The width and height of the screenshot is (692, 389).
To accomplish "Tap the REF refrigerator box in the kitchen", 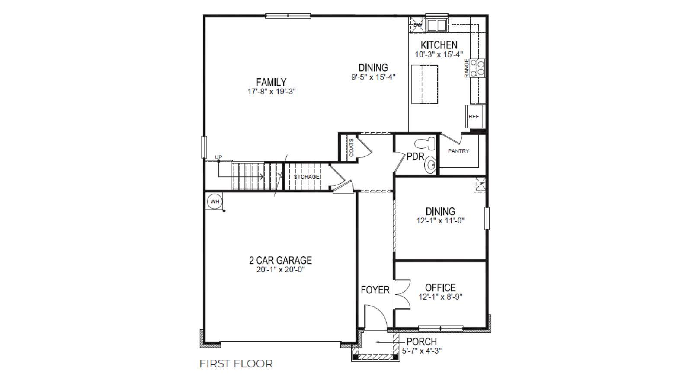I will click(474, 116).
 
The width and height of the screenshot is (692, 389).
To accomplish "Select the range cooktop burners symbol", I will click(477, 68).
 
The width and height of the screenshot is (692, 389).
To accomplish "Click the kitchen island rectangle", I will click(424, 84).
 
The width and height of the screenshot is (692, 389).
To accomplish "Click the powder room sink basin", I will click(430, 165).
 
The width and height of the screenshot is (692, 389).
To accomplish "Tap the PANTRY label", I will click(458, 151).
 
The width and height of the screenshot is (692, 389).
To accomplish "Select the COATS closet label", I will click(351, 148).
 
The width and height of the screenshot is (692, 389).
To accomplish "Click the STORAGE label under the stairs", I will click(307, 177).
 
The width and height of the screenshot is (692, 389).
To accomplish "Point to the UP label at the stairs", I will click(218, 157).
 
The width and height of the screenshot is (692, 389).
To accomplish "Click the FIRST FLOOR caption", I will click(236, 364).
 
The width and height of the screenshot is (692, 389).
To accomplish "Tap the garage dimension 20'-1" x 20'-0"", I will click(280, 270).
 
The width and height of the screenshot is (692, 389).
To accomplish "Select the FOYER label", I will click(375, 290).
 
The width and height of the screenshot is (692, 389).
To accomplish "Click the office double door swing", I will click(402, 294).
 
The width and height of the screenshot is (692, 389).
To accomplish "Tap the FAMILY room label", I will click(271, 82).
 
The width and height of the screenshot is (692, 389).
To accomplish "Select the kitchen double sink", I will click(436, 25).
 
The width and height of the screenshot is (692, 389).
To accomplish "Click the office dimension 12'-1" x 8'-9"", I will click(440, 297).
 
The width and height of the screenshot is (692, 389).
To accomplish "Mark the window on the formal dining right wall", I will click(487, 218).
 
